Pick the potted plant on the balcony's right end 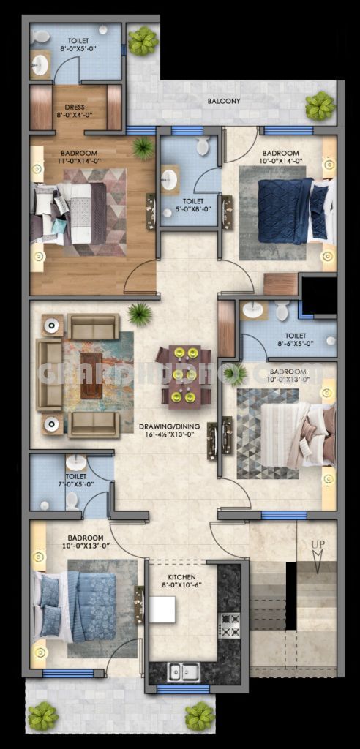[320, 107]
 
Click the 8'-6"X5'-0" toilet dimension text [295, 342]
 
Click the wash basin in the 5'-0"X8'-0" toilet [170, 179]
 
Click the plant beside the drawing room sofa [139, 315]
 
